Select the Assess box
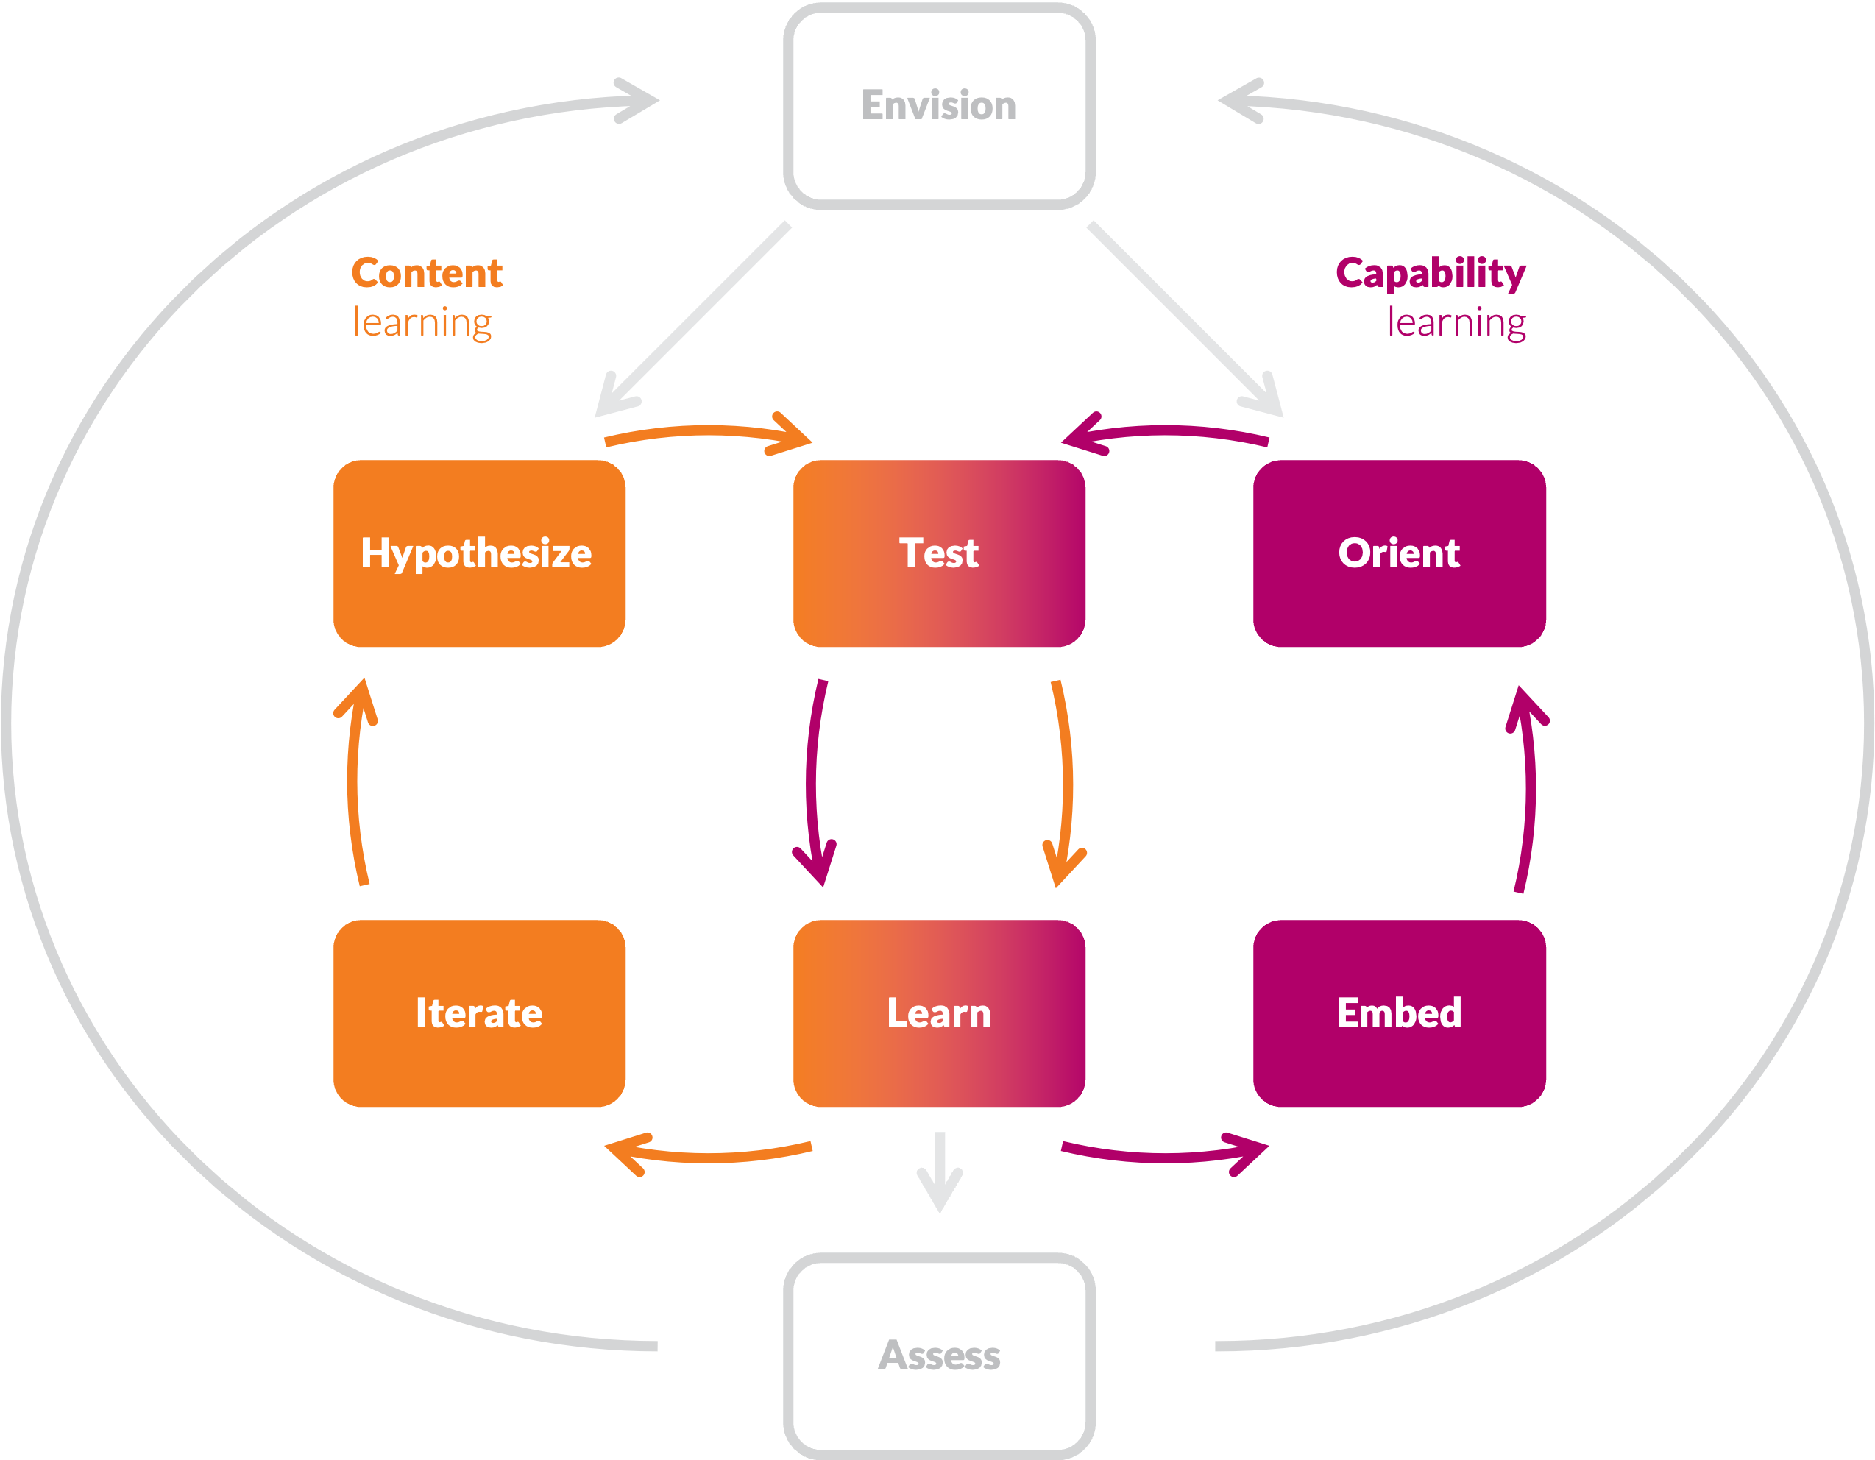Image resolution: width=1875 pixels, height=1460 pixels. (938, 1356)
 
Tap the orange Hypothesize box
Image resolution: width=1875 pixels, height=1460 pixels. (479, 553)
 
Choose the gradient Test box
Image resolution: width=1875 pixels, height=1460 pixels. (938, 553)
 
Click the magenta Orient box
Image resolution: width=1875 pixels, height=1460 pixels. (1398, 553)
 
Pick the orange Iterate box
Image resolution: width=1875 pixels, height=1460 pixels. (479, 1013)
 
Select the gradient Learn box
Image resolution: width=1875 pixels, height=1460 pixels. (938, 1013)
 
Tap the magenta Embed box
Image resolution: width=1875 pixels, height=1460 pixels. (1398, 1013)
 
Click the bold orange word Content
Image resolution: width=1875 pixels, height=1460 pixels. (427, 273)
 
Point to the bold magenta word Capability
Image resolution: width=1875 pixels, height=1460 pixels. (1431, 273)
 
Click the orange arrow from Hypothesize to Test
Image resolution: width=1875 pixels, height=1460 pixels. (704, 431)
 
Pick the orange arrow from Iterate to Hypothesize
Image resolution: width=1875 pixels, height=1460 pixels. (353, 781)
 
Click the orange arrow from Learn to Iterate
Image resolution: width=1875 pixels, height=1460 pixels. (712, 1158)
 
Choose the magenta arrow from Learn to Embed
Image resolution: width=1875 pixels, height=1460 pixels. (1163, 1158)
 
